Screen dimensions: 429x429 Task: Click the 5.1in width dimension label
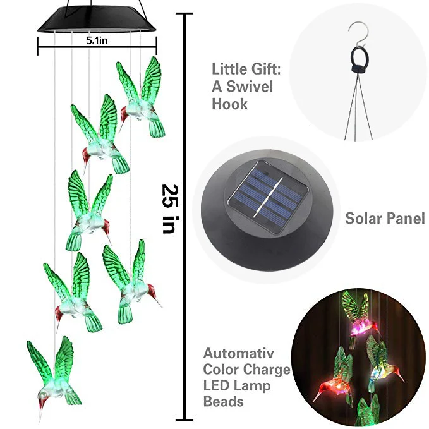click(97, 39)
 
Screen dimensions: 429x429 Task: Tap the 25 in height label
click(169, 208)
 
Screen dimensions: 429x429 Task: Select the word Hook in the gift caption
click(229, 104)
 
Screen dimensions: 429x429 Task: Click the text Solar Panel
click(384, 219)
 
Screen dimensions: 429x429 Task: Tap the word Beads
click(224, 401)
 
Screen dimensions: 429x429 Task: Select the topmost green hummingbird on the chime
click(142, 98)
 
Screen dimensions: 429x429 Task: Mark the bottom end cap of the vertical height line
click(185, 418)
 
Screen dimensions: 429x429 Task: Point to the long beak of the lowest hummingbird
click(41, 414)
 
